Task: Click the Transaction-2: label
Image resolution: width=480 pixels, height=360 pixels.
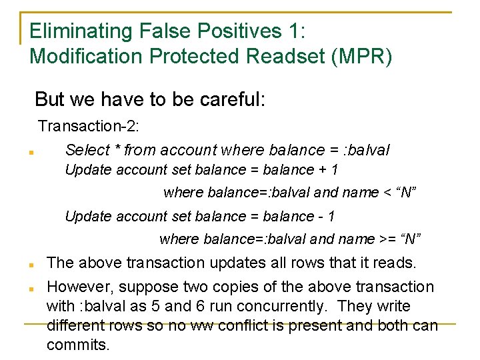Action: pos(89,125)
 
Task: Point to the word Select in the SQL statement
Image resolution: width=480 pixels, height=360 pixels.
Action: pos(86,149)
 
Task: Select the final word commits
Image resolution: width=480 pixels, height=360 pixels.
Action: pos(77,345)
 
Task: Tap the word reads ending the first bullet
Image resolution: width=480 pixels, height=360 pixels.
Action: pos(395,263)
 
